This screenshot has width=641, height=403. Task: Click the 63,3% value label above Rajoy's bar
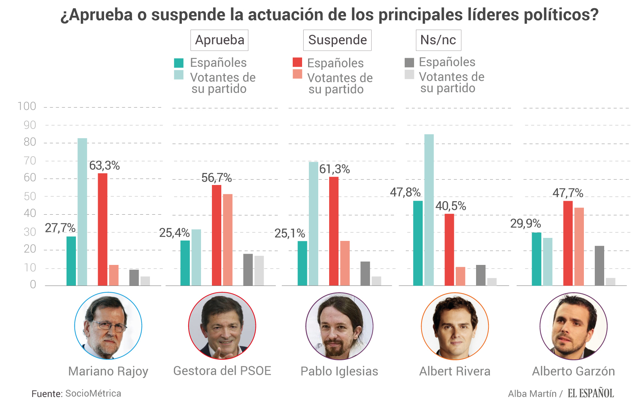coord(104,165)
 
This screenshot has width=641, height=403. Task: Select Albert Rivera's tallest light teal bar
coord(429,210)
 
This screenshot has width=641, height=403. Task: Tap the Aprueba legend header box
coord(219,40)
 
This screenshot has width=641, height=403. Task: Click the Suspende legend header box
coord(337,40)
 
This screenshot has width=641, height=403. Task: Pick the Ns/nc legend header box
coord(438,40)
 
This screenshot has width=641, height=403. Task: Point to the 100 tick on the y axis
coord(27,106)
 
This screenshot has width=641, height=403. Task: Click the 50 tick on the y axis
coord(30,196)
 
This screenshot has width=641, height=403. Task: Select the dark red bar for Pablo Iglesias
coord(334,231)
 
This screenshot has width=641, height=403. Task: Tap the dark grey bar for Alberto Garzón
coord(599,266)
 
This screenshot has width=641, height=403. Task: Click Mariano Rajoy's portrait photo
coord(108,326)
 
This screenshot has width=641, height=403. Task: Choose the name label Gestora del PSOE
coord(222,371)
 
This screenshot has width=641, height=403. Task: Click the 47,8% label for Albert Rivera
coord(405,192)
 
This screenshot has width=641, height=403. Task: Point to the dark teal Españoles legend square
coord(179,63)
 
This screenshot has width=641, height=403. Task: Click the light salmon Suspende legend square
coord(297,74)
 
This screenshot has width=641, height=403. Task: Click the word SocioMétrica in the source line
coord(93,393)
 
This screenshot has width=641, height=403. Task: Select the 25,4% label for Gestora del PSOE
coord(174,233)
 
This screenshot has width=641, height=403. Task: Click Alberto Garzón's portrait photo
coord(573,326)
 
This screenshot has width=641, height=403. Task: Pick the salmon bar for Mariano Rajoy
coord(113,275)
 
